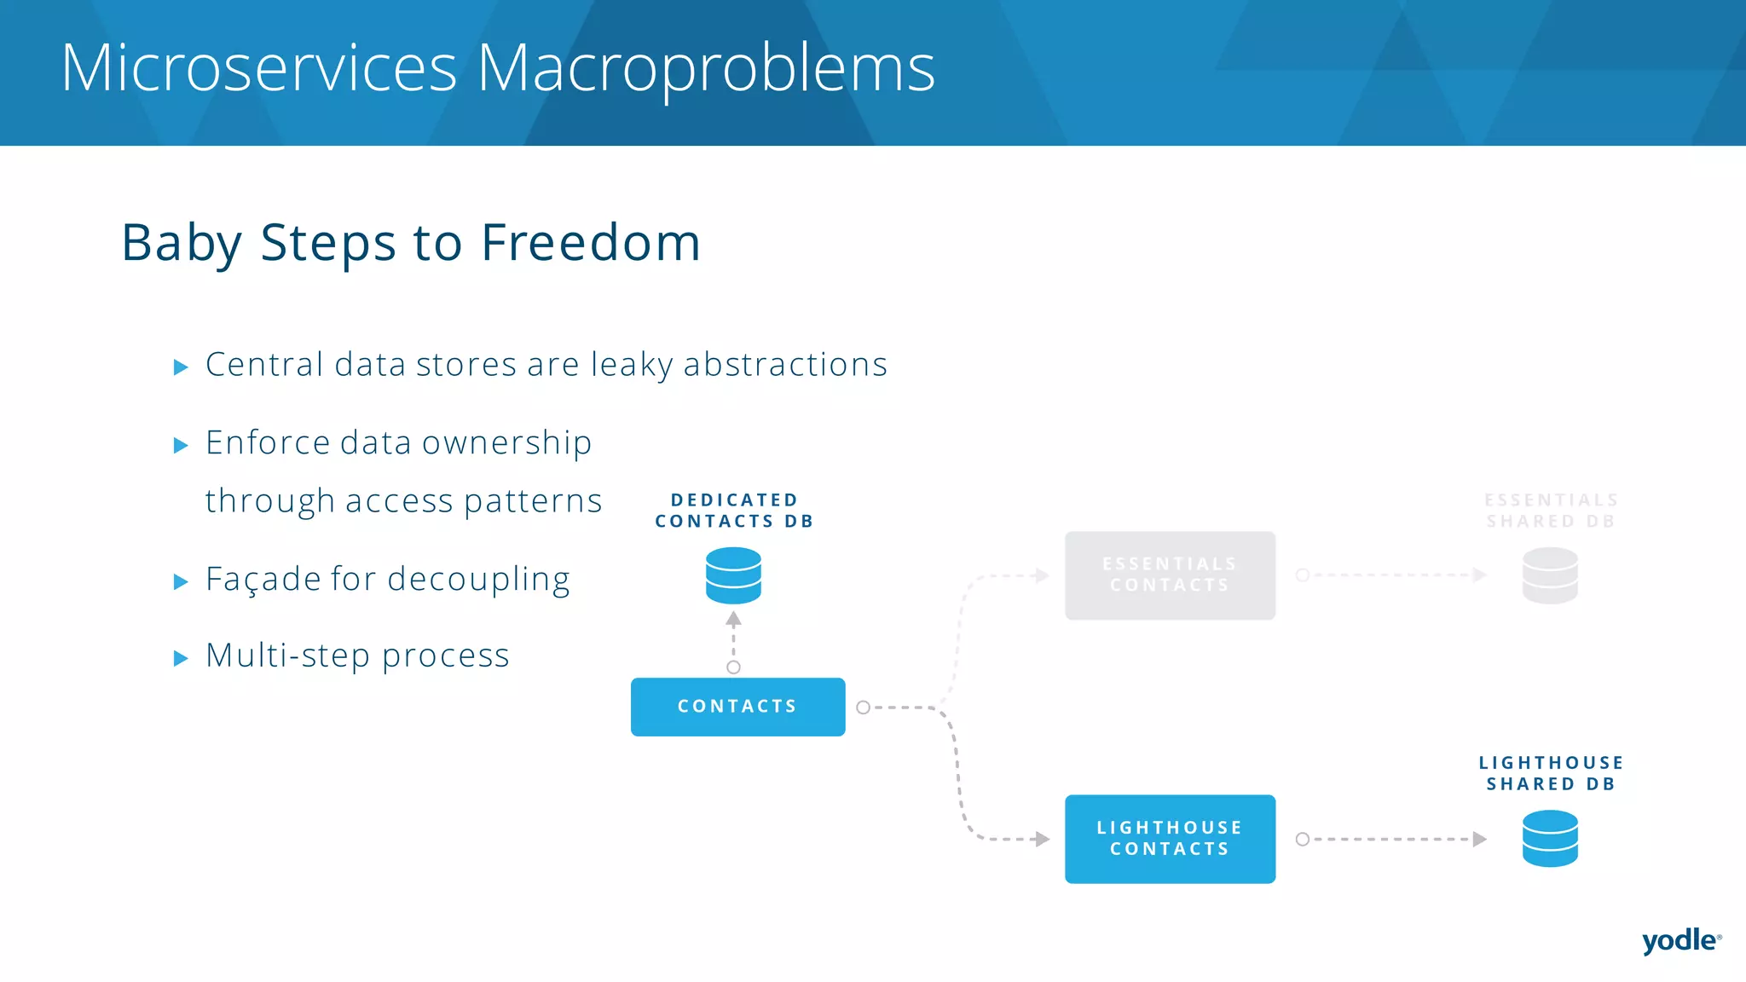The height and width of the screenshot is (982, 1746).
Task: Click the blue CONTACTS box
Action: pos(737,707)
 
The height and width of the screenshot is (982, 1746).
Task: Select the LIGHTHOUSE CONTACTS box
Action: pos(1170,839)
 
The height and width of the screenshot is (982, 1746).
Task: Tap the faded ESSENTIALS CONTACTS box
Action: pos(1170,575)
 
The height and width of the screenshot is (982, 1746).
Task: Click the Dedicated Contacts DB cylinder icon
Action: pos(733,575)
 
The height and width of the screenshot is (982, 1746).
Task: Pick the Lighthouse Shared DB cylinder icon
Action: pos(1550,839)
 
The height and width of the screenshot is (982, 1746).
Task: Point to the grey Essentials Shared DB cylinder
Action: pos(1550,575)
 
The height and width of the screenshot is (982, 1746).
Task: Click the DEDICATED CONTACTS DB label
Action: pos(734,511)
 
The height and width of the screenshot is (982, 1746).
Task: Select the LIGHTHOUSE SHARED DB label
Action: pos(1551,773)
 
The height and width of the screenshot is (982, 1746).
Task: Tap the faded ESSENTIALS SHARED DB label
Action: pos(1551,511)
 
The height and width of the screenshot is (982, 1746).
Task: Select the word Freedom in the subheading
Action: pos(590,243)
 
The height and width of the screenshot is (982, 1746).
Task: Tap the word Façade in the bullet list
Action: pos(263,580)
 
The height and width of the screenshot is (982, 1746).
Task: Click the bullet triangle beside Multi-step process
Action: pos(181,658)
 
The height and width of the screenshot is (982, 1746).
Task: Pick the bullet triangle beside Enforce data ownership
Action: pos(181,445)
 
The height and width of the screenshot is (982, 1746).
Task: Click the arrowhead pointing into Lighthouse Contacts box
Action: pos(1042,839)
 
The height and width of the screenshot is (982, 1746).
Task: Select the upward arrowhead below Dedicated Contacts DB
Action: pos(733,619)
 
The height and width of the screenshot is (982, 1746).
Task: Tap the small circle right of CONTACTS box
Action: pos(863,708)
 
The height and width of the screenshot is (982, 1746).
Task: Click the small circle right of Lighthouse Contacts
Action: pos(1302,839)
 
